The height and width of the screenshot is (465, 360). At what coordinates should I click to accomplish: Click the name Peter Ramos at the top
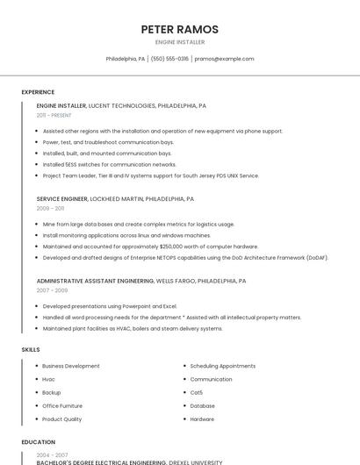[x=179, y=29]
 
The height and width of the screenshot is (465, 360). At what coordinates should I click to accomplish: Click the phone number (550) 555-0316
[x=169, y=59]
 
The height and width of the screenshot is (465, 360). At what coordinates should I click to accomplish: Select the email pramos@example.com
[x=224, y=59]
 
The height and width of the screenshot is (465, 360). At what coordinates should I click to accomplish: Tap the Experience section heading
[x=38, y=92]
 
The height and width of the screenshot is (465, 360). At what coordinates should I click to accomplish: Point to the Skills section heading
[x=31, y=349]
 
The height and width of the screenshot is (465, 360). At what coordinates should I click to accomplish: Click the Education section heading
[x=39, y=442]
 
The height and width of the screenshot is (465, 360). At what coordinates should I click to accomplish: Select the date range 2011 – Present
[x=54, y=115]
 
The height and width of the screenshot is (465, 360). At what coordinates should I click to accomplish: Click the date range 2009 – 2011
[x=50, y=209]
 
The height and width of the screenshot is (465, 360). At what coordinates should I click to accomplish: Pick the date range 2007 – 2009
[x=52, y=290]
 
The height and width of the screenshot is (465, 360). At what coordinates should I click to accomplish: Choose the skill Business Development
[x=70, y=365]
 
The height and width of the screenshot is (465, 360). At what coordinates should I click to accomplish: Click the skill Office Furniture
[x=62, y=405]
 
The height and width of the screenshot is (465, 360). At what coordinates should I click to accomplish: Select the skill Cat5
[x=196, y=392]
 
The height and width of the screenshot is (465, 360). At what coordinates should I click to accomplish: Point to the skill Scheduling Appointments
[x=222, y=365]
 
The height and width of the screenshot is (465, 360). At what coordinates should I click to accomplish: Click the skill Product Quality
[x=61, y=418]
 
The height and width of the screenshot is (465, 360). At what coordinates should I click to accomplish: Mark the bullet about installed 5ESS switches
[x=109, y=164]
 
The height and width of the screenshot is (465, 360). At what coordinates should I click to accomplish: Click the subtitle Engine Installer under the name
[x=179, y=42]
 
